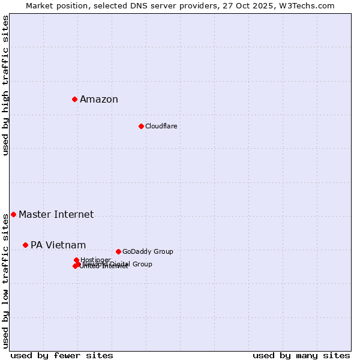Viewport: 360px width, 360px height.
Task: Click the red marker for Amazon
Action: click(74, 99)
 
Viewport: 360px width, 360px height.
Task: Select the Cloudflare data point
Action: click(141, 126)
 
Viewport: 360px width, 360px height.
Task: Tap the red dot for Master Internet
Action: click(13, 214)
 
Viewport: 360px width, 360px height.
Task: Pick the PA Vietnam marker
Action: click(25, 245)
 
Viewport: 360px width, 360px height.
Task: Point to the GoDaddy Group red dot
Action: click(118, 251)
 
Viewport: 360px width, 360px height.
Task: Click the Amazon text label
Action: click(99, 100)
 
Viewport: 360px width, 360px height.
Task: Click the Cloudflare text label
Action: click(161, 126)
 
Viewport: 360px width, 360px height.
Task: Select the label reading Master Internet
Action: click(56, 214)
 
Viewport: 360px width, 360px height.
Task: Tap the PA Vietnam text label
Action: click(58, 245)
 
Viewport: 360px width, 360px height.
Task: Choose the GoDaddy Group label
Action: click(148, 251)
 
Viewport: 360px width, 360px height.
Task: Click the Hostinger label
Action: click(95, 260)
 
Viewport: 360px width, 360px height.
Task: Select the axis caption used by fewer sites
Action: click(62, 355)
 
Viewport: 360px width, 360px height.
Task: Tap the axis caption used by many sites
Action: click(301, 355)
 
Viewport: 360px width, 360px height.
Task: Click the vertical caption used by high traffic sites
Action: click(6, 85)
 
